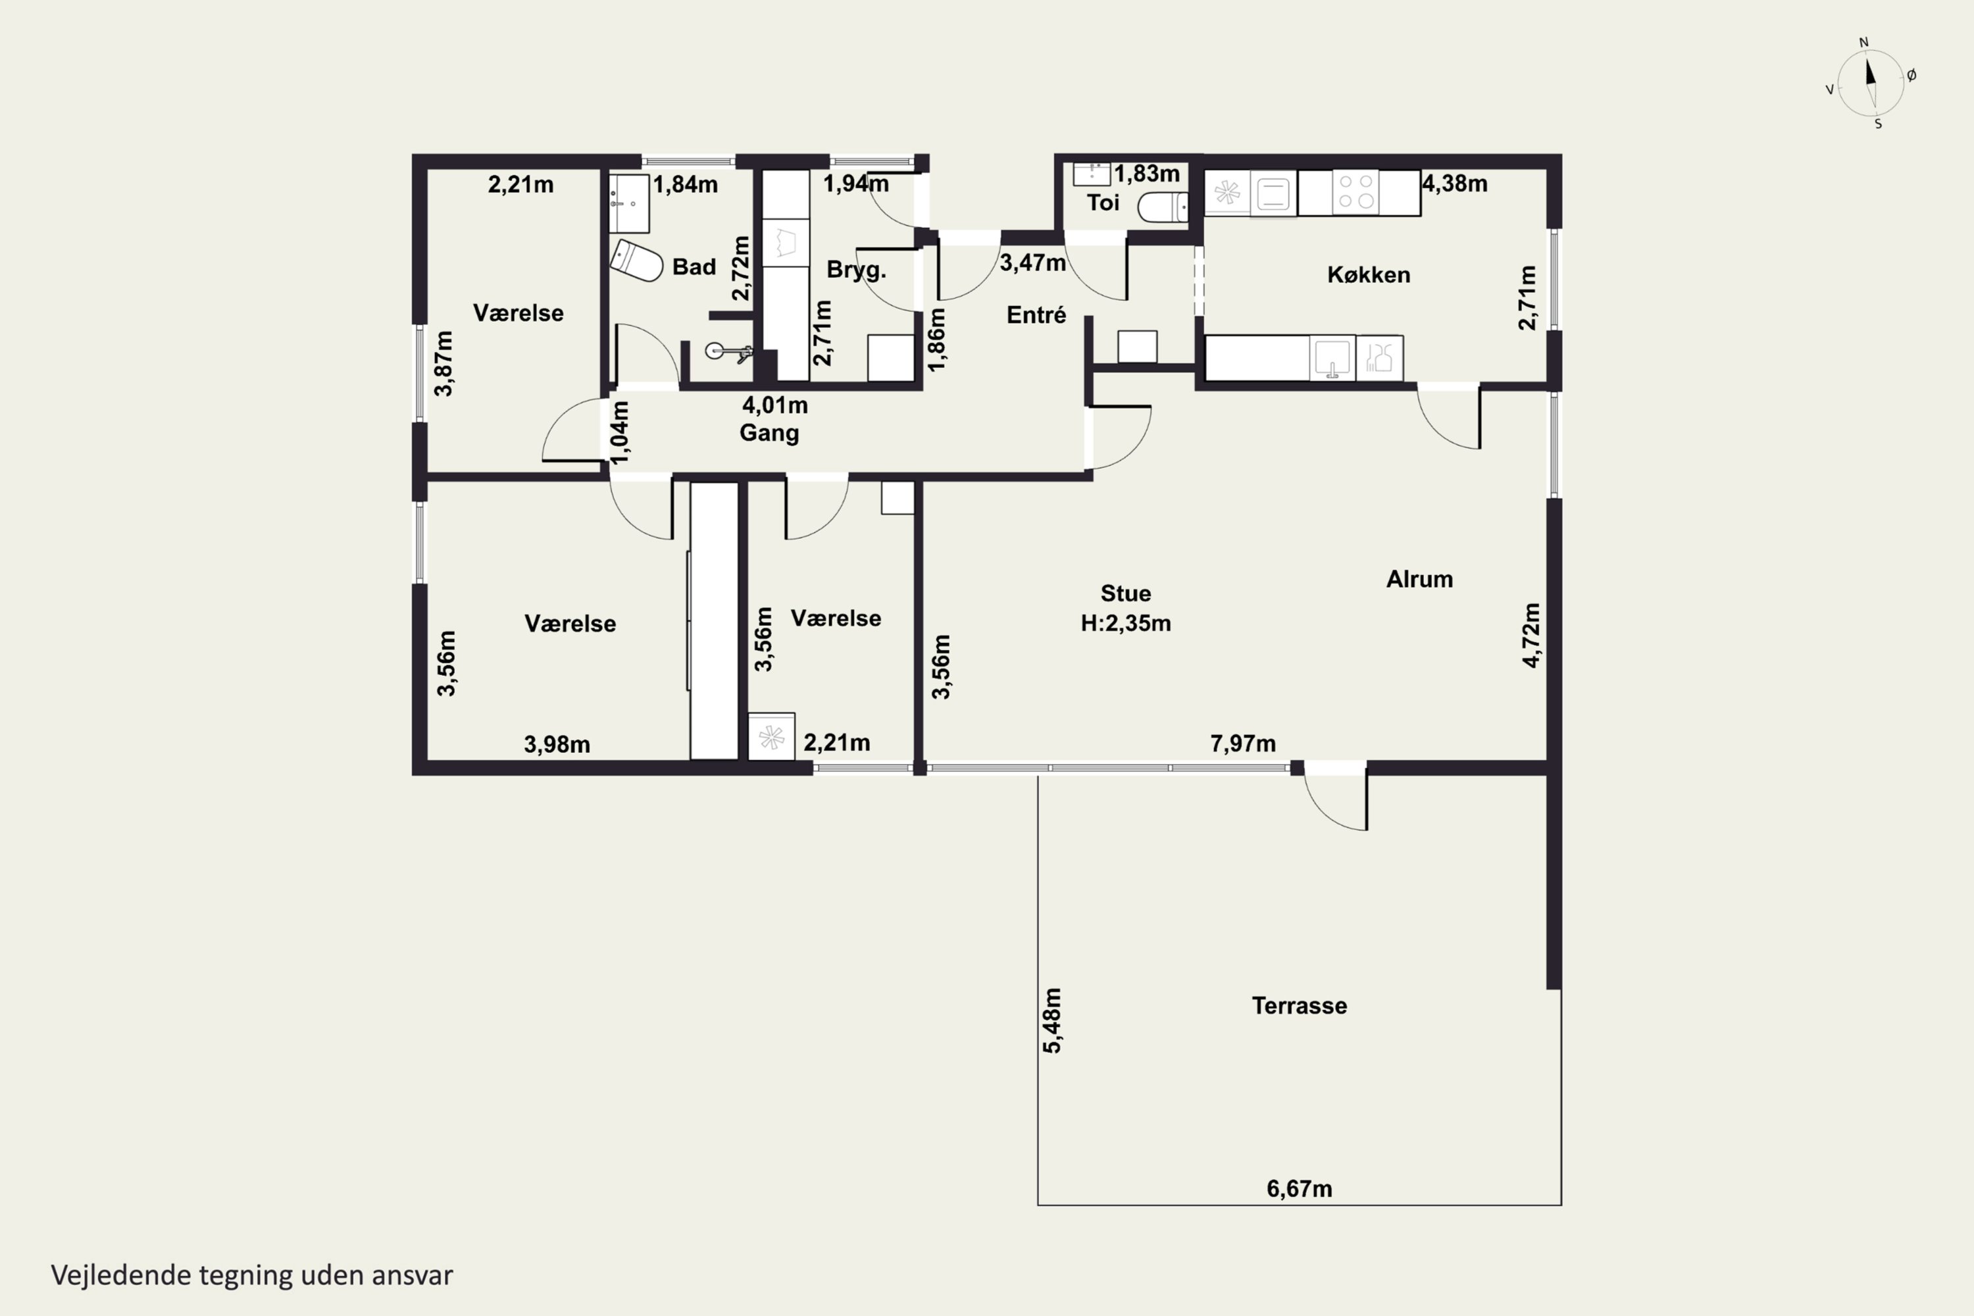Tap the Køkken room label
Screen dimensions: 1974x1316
pyautogui.click(x=1368, y=274)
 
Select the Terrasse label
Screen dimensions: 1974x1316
pyautogui.click(x=1299, y=1005)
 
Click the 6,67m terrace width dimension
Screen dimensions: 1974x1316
pyautogui.click(x=1299, y=1188)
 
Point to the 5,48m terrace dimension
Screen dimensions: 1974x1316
pyautogui.click(x=1051, y=1020)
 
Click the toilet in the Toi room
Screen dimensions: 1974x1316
pyautogui.click(x=1163, y=207)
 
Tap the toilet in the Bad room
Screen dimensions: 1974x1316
pyautogui.click(x=636, y=261)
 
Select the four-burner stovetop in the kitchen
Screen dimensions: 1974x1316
pyautogui.click(x=1356, y=192)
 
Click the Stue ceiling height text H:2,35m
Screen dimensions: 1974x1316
pyautogui.click(x=1125, y=622)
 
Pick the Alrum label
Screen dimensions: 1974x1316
pyautogui.click(x=1419, y=579)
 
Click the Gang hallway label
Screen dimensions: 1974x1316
pyautogui.click(x=769, y=433)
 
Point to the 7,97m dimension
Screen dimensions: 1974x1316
pyautogui.click(x=1243, y=744)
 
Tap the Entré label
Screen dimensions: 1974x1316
pyautogui.click(x=1036, y=315)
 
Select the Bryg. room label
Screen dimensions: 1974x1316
pyautogui.click(x=856, y=270)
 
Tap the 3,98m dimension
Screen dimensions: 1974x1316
pyautogui.click(x=557, y=744)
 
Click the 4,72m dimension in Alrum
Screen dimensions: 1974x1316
pyautogui.click(x=1532, y=636)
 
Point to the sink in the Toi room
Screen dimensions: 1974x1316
pyautogui.click(x=1092, y=174)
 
